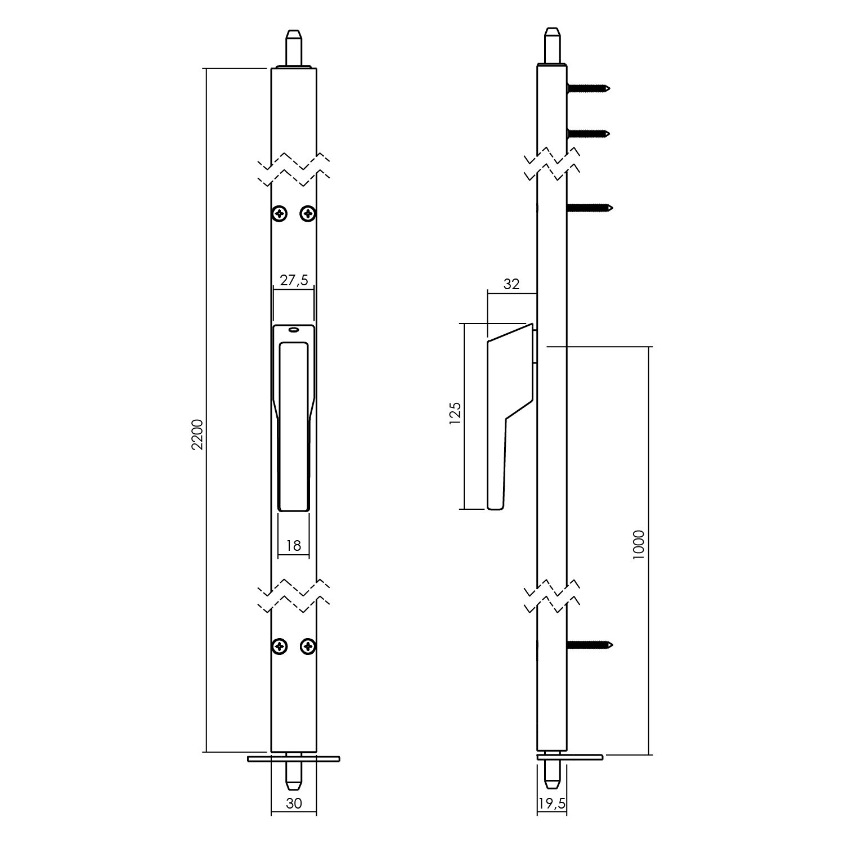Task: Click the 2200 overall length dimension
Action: [x=197, y=435]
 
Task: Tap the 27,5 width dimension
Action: [x=294, y=280]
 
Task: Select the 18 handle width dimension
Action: [x=294, y=545]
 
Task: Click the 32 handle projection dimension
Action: [x=511, y=284]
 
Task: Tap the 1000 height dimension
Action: [x=638, y=545]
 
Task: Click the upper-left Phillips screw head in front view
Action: [x=280, y=213]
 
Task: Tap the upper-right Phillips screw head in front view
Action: [x=308, y=213]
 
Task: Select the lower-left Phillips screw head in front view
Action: [x=280, y=647]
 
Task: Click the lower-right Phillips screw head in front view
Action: [x=308, y=647]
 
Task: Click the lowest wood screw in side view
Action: [x=589, y=644]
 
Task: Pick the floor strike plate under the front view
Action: [x=293, y=758]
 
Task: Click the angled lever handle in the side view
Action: [x=509, y=416]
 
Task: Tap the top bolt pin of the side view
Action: [x=551, y=48]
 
